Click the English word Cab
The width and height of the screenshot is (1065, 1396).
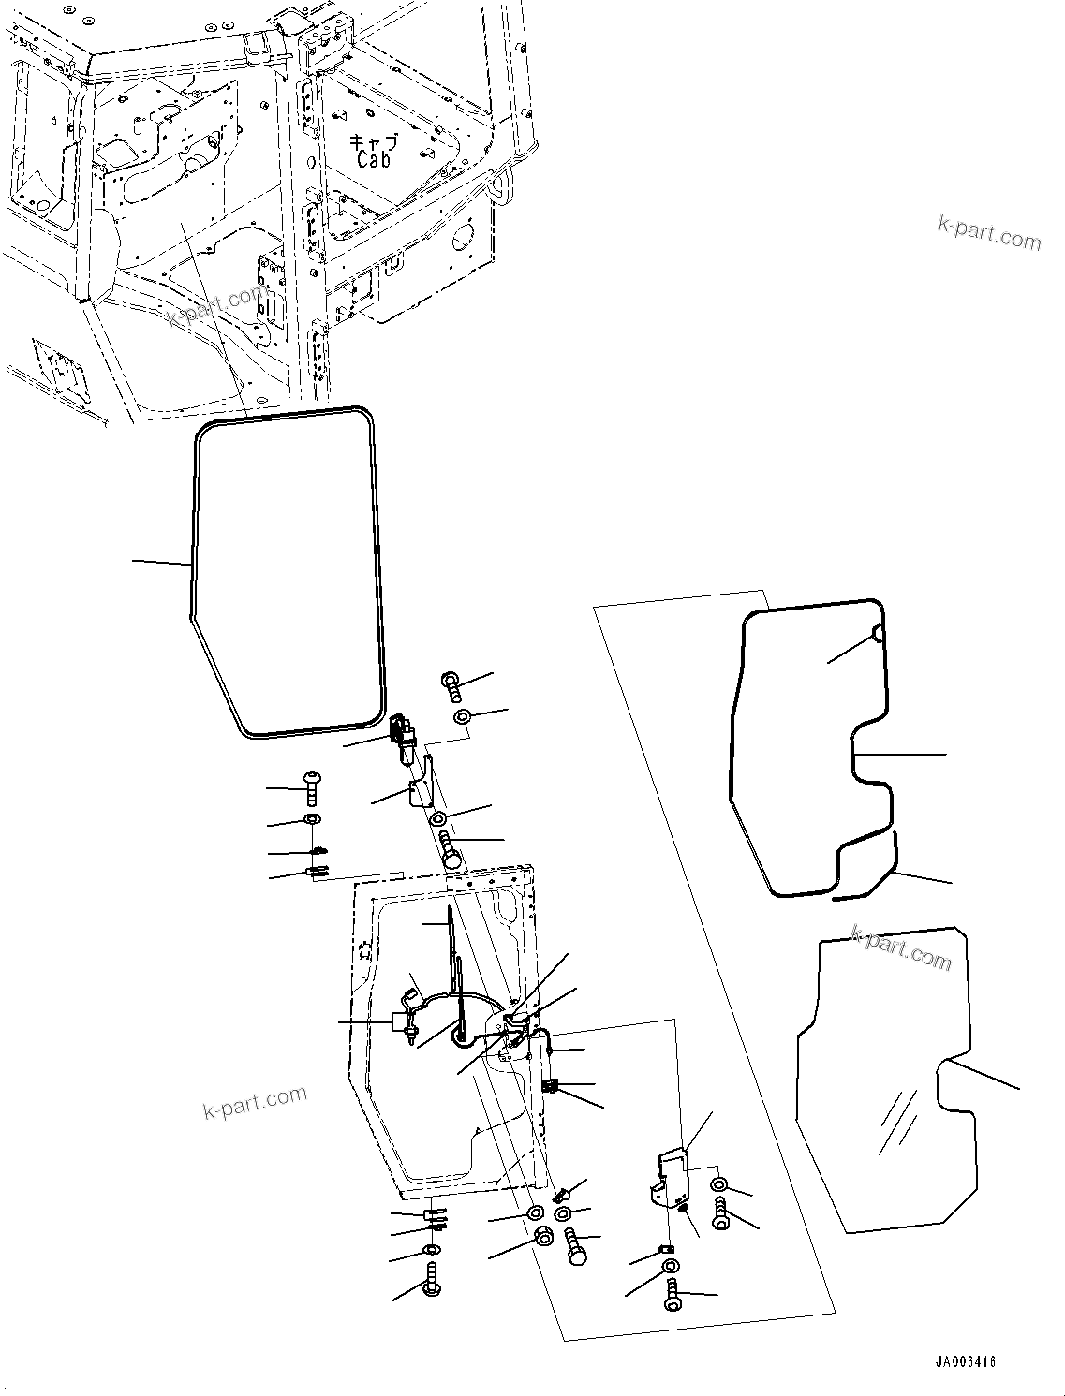pyautogui.click(x=374, y=159)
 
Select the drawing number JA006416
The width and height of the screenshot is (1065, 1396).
pyautogui.click(x=964, y=1361)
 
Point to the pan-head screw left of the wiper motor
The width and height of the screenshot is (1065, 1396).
pyautogui.click(x=312, y=788)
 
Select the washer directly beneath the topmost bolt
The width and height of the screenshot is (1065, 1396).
pyautogui.click(x=463, y=717)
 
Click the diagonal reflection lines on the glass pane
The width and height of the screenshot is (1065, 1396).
pyautogui.click(x=896, y=1122)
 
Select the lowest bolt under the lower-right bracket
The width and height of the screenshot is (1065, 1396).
pyautogui.click(x=673, y=1298)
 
